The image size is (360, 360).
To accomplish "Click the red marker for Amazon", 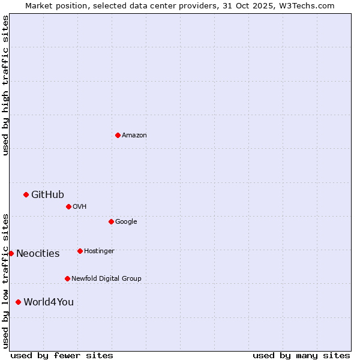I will pyautogui.click(x=118, y=135).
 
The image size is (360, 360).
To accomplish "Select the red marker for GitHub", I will pyautogui.click(x=26, y=194).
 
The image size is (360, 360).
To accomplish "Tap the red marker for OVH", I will pyautogui.click(x=68, y=206).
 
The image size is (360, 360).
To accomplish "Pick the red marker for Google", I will pyautogui.click(x=111, y=221).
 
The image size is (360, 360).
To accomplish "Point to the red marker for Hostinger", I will pyautogui.click(x=80, y=251).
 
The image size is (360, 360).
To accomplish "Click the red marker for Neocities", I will pyautogui.click(x=11, y=253).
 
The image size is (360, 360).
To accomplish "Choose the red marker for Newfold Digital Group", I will pyautogui.click(x=67, y=278).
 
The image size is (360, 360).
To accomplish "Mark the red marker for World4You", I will pyautogui.click(x=18, y=302).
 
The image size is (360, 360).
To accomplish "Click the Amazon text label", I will pyautogui.click(x=134, y=136).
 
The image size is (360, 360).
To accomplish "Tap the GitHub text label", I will pyautogui.click(x=47, y=194).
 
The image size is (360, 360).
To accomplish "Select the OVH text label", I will pyautogui.click(x=80, y=207).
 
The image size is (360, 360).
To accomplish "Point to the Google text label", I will pyautogui.click(x=126, y=222).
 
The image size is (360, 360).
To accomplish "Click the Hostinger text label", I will pyautogui.click(x=99, y=251).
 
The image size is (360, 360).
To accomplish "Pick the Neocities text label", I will pyautogui.click(x=38, y=254).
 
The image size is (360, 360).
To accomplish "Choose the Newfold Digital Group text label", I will pyautogui.click(x=106, y=279).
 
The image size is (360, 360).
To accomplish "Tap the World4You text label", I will pyautogui.click(x=49, y=302).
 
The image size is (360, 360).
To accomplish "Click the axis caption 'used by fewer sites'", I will pyautogui.click(x=62, y=355).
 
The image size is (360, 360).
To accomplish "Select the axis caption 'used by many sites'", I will pyautogui.click(x=301, y=355).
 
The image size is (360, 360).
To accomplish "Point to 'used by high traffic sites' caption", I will pyautogui.click(x=5, y=85).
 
